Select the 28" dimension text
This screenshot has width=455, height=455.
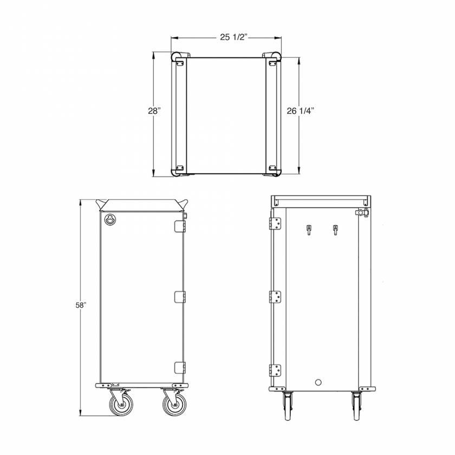click(x=154, y=110)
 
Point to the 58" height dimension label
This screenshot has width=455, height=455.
click(x=81, y=305)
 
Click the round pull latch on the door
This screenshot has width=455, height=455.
click(x=110, y=219)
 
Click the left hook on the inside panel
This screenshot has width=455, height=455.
click(x=309, y=230)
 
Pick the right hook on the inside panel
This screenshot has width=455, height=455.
click(x=335, y=230)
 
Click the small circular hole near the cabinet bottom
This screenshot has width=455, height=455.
click(x=318, y=382)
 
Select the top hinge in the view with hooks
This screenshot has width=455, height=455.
click(x=276, y=223)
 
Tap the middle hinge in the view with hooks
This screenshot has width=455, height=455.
click(x=276, y=297)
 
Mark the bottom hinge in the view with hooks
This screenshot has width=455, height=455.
click(x=276, y=370)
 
